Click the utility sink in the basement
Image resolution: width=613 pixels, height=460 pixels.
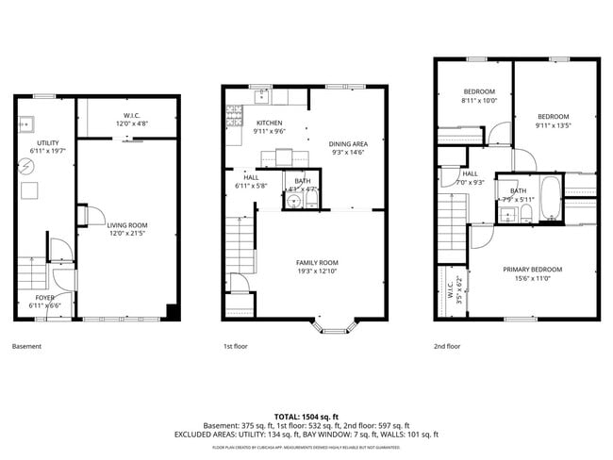[25, 123]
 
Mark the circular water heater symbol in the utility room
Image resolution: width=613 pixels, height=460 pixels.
[26, 166]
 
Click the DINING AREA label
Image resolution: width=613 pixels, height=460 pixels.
[347, 144]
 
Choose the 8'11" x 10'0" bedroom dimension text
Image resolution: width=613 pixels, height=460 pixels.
[478, 100]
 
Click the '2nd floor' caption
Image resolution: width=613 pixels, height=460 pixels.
[447, 347]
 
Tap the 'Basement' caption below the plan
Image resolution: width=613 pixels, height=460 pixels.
[27, 347]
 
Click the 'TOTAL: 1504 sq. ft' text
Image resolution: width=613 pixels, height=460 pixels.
[306, 416]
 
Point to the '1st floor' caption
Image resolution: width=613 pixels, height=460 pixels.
[236, 347]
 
